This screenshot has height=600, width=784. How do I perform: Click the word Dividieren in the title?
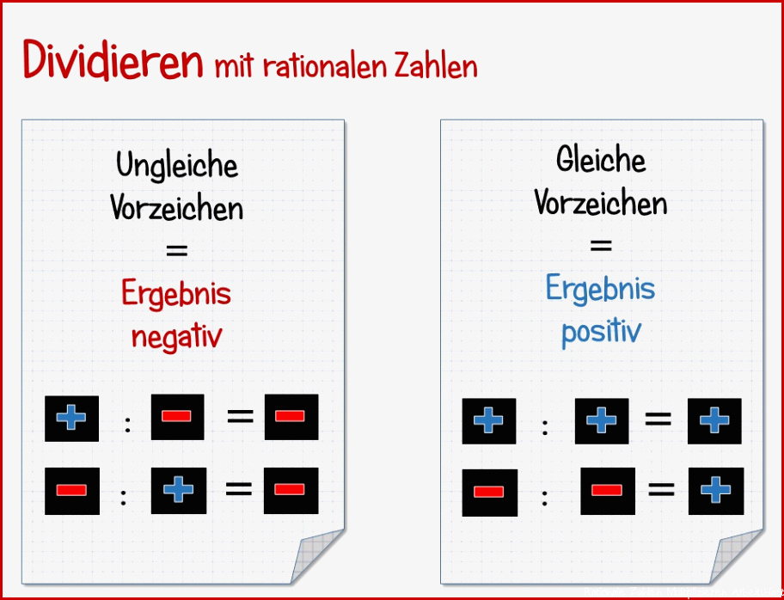click(113, 60)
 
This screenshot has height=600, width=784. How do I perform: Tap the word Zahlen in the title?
click(436, 68)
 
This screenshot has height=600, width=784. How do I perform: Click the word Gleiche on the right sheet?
click(601, 160)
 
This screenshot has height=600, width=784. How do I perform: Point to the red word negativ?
click(176, 337)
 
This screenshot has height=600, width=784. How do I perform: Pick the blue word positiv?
click(601, 332)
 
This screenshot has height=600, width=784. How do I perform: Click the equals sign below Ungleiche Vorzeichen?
click(176, 250)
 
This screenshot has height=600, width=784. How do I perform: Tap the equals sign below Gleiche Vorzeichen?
click(601, 245)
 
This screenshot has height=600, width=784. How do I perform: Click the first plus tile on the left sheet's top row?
click(71, 419)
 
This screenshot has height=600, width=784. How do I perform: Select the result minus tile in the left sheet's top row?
click(291, 417)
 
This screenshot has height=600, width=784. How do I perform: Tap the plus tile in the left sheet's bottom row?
click(179, 491)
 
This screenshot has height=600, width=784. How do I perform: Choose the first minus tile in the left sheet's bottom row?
click(72, 491)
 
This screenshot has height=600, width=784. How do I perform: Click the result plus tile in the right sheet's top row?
click(714, 421)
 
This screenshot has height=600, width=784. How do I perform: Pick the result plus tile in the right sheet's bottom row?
click(716, 491)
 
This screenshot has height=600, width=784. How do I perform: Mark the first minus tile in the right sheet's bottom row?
click(489, 493)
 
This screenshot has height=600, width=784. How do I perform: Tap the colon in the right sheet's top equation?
click(545, 427)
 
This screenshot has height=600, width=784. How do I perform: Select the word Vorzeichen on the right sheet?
click(601, 203)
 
